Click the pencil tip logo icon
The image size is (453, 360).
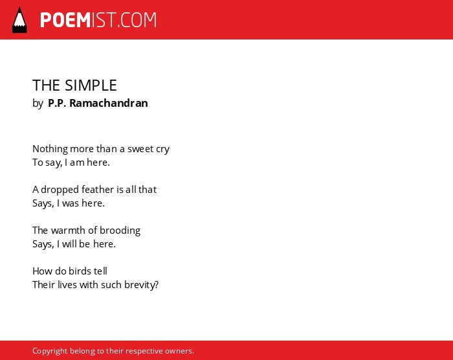coord(19,19)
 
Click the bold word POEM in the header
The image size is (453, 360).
coord(65,20)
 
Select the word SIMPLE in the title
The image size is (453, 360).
coord(91,85)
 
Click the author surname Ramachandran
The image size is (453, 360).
coord(109,103)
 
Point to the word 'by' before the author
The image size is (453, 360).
coord(38,104)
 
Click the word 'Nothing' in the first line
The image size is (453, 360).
coord(50,149)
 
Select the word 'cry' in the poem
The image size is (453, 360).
coord(162,150)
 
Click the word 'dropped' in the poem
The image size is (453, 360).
coord(60,190)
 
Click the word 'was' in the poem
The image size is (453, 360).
coord(71,203)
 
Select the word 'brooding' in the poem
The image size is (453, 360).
coord(120,231)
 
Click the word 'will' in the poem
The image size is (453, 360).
coord(69,243)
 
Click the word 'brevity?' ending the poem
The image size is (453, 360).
coord(142,285)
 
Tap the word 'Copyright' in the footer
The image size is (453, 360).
coord(50,351)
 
